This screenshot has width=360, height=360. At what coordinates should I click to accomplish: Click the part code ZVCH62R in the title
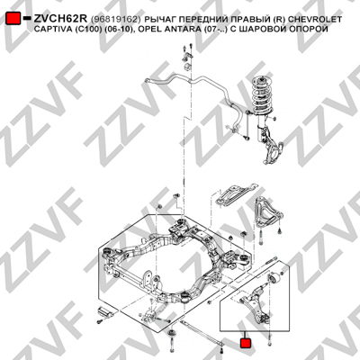60,19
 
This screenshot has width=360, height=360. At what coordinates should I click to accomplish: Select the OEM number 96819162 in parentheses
115,20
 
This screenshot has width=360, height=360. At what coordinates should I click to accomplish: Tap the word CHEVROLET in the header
315,20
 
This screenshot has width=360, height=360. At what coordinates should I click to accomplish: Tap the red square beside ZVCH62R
13,19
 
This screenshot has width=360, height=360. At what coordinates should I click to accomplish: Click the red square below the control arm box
246,344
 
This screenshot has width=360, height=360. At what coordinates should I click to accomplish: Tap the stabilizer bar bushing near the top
187,67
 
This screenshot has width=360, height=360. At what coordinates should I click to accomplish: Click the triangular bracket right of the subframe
267,211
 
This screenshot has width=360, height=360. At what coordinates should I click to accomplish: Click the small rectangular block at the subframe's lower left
105,312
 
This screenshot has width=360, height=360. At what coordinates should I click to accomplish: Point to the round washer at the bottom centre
172,334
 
